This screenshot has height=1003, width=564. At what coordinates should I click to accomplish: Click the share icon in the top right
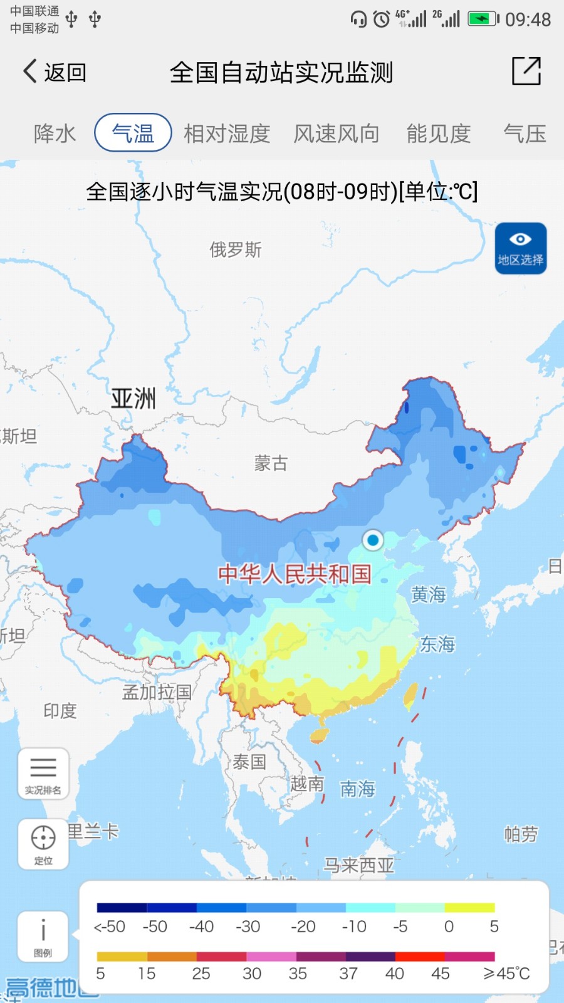[526, 71]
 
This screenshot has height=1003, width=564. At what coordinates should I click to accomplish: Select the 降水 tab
[55, 134]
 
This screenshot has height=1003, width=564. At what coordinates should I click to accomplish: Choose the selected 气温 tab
[133, 133]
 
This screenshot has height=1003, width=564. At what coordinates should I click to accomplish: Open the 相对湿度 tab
[227, 134]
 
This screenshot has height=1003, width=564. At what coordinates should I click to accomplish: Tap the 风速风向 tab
[337, 134]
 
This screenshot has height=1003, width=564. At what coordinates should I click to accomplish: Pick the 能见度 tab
[439, 134]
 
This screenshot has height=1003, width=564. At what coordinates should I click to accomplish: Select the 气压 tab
[525, 134]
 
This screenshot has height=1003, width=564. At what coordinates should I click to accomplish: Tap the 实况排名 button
[43, 774]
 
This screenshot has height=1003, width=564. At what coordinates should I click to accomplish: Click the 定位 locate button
[43, 843]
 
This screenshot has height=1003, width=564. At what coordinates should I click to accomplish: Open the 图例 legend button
[43, 937]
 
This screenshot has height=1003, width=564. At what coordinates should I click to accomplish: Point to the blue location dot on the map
[373, 540]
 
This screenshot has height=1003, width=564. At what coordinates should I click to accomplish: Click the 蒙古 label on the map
[271, 463]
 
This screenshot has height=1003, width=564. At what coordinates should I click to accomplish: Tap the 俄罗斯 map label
[236, 250]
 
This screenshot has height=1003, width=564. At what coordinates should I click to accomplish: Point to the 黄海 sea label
[429, 594]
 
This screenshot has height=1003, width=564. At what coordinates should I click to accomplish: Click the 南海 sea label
[358, 789]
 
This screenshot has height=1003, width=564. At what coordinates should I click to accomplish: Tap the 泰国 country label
[249, 762]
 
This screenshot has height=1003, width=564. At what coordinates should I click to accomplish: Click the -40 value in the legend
[201, 927]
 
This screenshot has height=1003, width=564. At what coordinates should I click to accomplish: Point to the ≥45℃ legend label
[506, 974]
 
